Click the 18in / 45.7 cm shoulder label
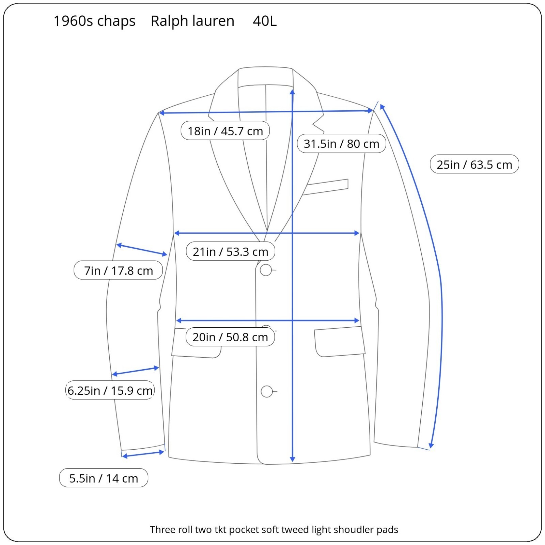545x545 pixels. point(225,131)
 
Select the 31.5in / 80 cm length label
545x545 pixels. point(341,144)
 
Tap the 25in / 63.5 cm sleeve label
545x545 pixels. point(474,165)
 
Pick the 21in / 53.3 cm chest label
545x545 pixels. point(230,252)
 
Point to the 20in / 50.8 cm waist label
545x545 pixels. point(230,337)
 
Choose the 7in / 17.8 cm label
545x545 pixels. point(118,271)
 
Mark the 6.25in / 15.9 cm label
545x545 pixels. point(110,390)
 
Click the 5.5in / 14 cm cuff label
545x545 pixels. point(104,478)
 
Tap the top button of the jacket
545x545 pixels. point(266,270)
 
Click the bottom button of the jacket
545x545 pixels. point(267,392)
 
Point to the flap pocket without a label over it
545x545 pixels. point(339,342)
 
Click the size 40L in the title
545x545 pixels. point(265,21)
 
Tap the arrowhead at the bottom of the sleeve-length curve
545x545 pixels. point(431,446)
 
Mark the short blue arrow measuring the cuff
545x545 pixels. point(143,454)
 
